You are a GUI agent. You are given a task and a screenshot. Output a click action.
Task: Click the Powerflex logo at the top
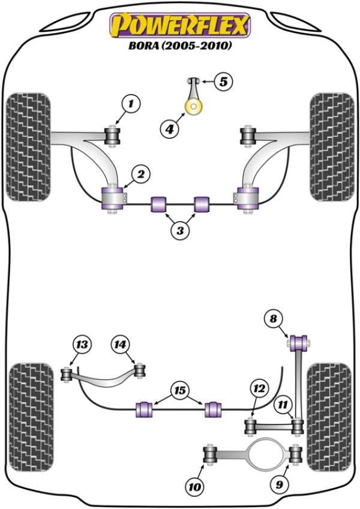[x=178, y=25]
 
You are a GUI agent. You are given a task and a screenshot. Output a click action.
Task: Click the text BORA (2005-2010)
[x=179, y=46]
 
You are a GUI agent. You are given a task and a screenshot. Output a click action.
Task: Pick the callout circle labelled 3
[x=179, y=229]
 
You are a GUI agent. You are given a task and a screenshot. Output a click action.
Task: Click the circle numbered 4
[x=170, y=127]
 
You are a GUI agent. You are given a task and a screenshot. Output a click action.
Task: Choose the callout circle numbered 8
[x=274, y=319]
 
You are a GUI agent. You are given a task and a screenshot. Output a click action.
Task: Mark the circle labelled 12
[x=259, y=390]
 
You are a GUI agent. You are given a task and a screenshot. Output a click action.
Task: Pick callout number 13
[x=82, y=345]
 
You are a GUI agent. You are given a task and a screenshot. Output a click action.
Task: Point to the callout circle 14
[x=120, y=345]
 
